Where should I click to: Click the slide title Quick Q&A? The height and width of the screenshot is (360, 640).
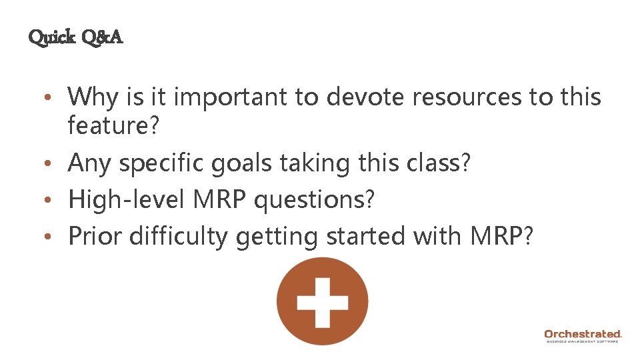75,37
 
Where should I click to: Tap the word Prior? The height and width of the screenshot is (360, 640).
94,236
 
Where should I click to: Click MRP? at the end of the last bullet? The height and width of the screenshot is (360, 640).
500,236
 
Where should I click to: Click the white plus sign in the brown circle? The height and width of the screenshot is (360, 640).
322,301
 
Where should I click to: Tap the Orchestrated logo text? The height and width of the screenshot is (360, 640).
583,333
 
